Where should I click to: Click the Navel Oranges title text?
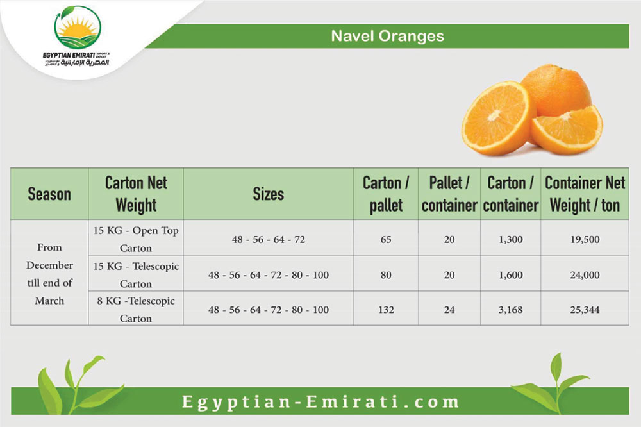(387, 36)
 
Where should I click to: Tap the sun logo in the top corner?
(78, 28)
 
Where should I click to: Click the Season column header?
(49, 194)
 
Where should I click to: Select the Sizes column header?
(268, 194)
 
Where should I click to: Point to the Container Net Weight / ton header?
(585, 194)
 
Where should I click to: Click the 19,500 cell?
(585, 239)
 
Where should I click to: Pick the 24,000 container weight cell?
(585, 275)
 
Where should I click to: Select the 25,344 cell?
(585, 310)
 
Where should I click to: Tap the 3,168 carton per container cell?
(511, 310)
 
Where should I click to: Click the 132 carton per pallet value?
(386, 310)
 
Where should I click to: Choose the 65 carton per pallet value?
(386, 239)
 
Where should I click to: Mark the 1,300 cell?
(511, 239)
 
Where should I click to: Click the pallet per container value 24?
(449, 310)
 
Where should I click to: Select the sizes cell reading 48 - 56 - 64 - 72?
(268, 239)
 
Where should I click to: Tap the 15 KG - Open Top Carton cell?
(136, 239)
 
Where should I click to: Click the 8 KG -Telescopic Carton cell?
(136, 310)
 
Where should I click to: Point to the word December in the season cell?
(49, 265)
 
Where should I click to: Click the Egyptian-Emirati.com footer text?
(320, 401)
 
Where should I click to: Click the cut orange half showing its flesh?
(497, 118)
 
